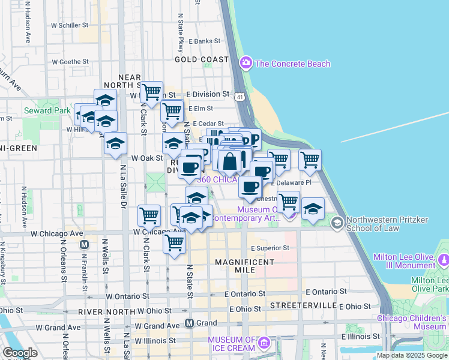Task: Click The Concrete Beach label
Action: point(292,64)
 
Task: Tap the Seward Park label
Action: point(47,110)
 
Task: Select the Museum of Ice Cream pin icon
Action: point(264,344)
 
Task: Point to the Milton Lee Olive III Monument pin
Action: point(444,260)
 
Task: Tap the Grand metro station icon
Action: point(189,323)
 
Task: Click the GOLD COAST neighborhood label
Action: point(202,60)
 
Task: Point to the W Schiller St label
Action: point(70,26)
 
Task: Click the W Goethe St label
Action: point(70,62)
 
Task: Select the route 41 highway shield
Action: point(240,96)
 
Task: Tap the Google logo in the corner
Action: point(20,353)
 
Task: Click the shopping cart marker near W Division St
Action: point(152,92)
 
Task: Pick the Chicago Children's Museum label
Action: point(412,322)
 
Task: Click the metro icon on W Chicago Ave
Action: point(84,245)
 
